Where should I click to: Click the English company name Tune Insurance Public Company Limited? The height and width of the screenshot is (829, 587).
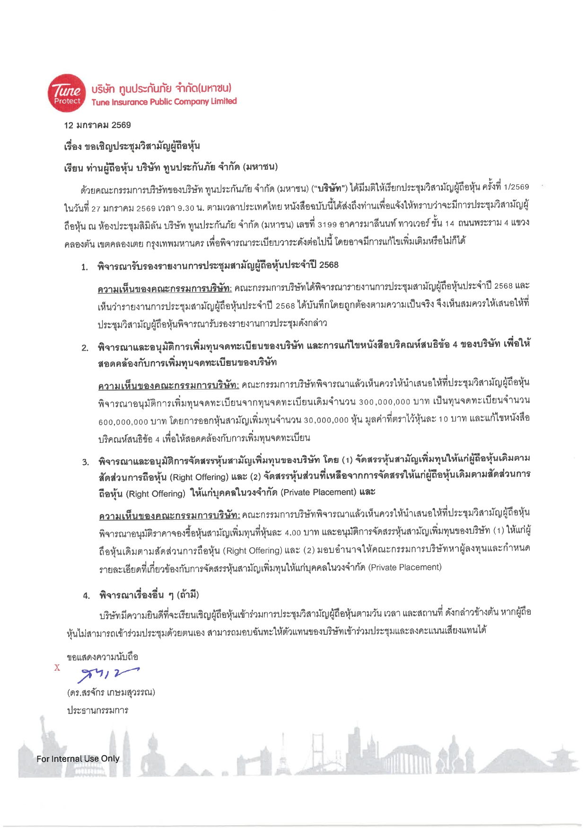tap(164, 102)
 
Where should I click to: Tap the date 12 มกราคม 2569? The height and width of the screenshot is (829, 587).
tap(97, 125)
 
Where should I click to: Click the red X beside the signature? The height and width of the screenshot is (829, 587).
tap(57, 667)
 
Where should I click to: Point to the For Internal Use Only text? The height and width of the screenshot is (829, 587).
tap(78, 759)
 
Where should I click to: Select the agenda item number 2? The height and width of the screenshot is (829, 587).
tap(85, 348)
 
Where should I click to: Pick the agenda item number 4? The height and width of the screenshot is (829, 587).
tap(86, 596)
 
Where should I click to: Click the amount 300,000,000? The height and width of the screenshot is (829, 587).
tap(385, 402)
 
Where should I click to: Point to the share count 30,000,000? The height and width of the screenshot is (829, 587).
tap(326, 420)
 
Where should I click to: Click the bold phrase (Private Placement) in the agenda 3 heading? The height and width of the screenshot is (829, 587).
tap(318, 492)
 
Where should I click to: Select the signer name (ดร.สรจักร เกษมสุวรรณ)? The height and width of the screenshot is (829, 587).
tap(111, 693)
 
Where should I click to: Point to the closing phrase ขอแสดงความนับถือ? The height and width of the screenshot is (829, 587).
tap(103, 657)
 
